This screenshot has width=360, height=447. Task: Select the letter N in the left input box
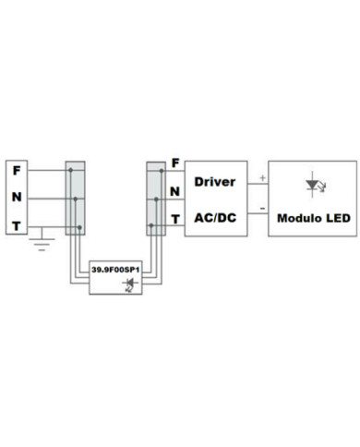[x=17, y=199]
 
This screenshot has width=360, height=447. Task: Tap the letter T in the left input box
[x=17, y=226]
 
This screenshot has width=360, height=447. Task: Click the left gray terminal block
[x=75, y=199]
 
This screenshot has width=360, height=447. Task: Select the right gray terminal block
[x=155, y=199]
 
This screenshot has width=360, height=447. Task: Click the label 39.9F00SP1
[x=116, y=269]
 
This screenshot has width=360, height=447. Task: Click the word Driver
[x=216, y=181]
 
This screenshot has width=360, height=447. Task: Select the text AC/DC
[x=216, y=218]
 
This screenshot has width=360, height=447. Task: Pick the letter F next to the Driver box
[x=175, y=164]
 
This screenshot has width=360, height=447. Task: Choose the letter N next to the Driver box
[x=175, y=191]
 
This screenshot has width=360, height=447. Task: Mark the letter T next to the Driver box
[x=175, y=219]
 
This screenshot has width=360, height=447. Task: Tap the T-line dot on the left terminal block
[x=81, y=226]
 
